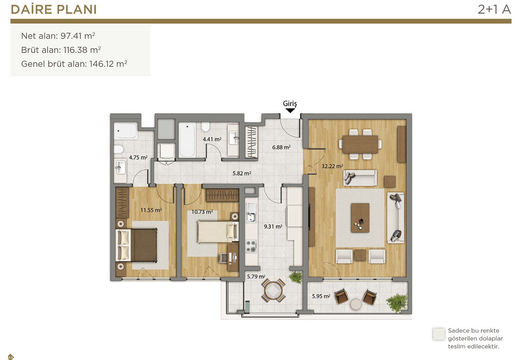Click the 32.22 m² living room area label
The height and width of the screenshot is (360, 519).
pyautogui.click(x=332, y=166)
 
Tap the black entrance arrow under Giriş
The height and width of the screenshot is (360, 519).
pyautogui.click(x=290, y=111)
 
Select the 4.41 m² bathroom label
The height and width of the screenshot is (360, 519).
pyautogui.click(x=212, y=139)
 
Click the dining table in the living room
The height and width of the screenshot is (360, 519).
pyautogui.click(x=360, y=144)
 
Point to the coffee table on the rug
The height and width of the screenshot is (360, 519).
pyautogui.click(x=360, y=217)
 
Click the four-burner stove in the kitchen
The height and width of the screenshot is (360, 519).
pyautogui.click(x=251, y=246)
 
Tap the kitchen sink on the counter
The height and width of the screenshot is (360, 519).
pyautogui.click(x=251, y=213)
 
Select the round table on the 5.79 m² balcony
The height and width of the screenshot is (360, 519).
pyautogui.click(x=273, y=290)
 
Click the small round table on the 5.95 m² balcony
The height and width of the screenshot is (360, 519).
pyautogui.click(x=356, y=304)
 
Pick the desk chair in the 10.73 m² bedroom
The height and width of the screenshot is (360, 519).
pyautogui.click(x=223, y=258)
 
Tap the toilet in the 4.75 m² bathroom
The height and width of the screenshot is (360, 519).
pyautogui.click(x=118, y=149)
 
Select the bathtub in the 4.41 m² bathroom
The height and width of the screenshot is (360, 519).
pyautogui.click(x=187, y=140)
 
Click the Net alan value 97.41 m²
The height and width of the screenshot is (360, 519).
pyautogui.click(x=78, y=36)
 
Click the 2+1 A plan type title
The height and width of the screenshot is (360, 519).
pyautogui.click(x=494, y=9)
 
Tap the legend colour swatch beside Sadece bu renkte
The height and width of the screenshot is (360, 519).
pyautogui.click(x=439, y=334)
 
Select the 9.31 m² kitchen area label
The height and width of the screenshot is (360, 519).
pyautogui.click(x=273, y=226)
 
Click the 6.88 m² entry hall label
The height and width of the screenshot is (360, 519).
pyautogui.click(x=281, y=147)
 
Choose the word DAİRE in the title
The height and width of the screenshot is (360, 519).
pyautogui.click(x=31, y=9)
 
